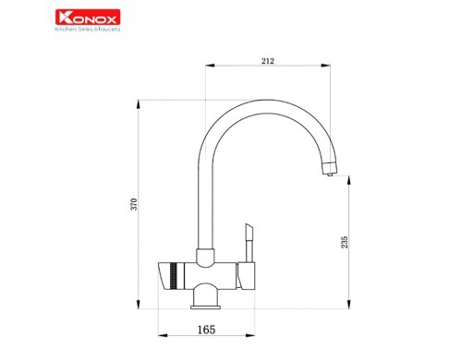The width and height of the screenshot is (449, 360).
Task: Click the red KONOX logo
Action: [x=88, y=18]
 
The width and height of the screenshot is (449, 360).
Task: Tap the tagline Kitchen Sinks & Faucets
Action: [x=88, y=30]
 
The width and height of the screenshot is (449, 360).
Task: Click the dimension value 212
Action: [x=268, y=61]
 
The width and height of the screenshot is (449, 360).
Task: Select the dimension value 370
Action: [x=134, y=204]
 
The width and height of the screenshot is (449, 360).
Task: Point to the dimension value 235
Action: [x=345, y=242]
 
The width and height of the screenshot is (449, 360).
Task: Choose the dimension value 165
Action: [x=206, y=330]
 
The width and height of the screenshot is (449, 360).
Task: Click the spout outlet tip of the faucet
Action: [x=330, y=174]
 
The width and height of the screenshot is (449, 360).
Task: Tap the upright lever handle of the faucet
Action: [x=249, y=243]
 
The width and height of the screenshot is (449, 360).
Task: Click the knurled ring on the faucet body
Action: [x=174, y=276]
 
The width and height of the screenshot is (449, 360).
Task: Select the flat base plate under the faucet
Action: [x=205, y=307]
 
